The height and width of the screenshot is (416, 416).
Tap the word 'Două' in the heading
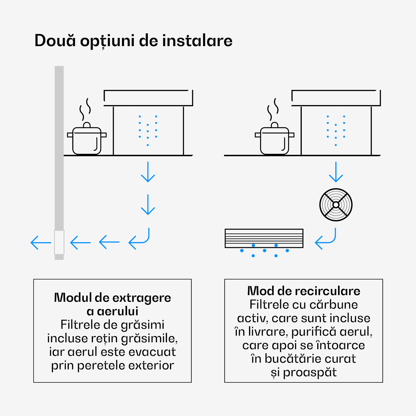coord(55,41)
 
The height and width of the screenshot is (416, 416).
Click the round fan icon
coord(336,205)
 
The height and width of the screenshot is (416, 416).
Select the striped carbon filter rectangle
coord(264,238)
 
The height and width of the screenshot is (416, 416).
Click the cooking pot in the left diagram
coord(87,140)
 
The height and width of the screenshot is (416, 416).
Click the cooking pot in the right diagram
coord(275,140)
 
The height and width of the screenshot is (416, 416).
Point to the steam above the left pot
coord(85,109)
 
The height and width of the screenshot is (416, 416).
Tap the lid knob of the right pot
coord(275,125)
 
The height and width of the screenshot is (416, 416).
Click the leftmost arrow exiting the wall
coord(41,243)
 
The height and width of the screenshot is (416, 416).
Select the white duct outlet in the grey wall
coord(59,242)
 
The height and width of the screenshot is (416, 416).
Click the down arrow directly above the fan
coord(336,172)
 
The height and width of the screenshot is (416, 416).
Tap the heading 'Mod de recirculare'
coord(304,291)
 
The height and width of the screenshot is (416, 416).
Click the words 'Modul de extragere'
coord(112,298)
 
